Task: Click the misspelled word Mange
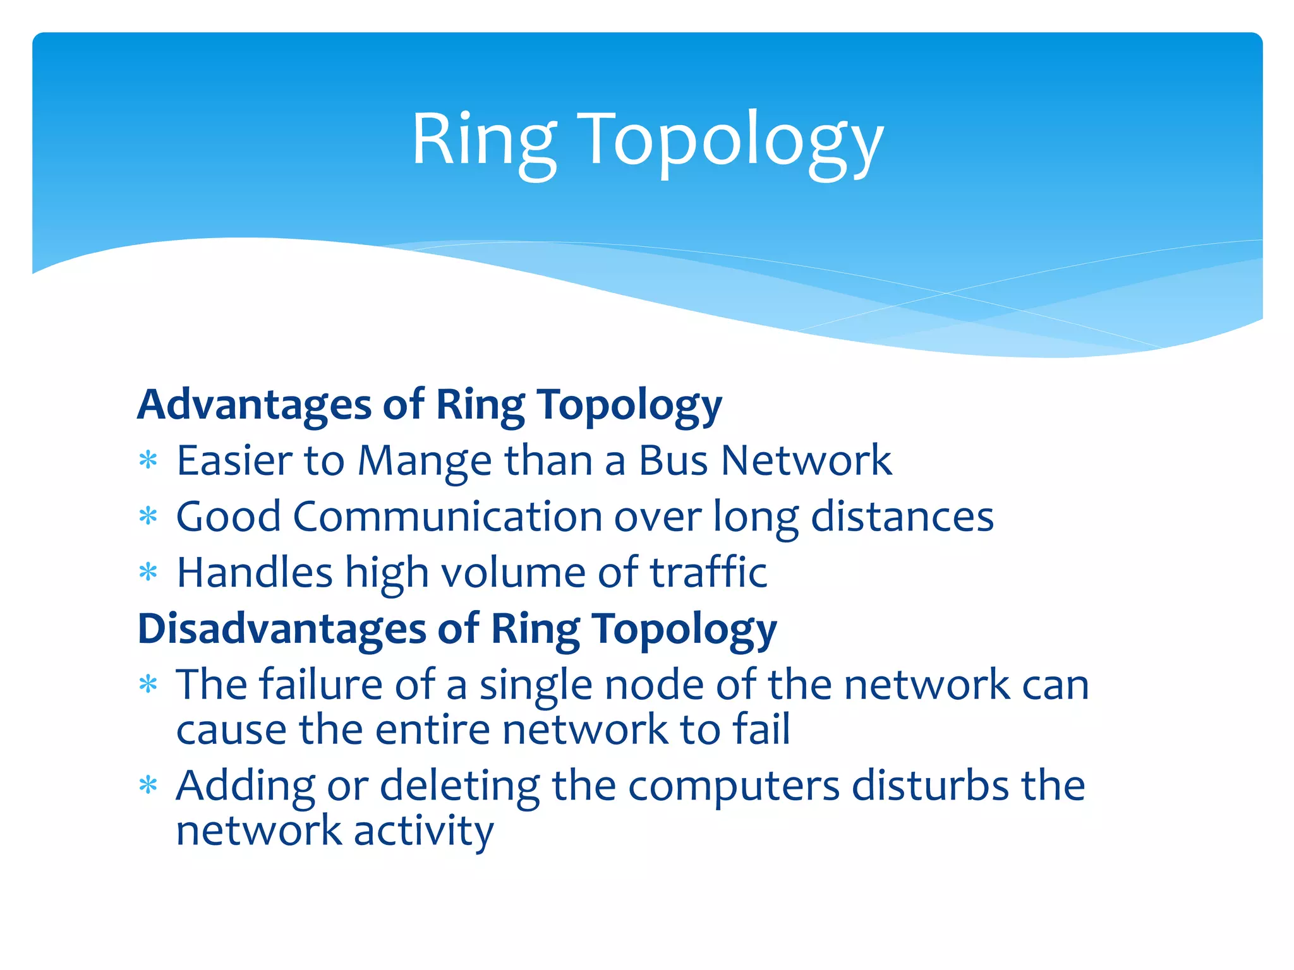pos(425,461)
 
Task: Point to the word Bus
pos(673,461)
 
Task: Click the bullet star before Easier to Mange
pos(148,460)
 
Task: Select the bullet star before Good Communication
pos(148,517)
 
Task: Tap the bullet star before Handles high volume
pos(148,573)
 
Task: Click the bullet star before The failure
pos(148,685)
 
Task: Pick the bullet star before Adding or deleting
pos(148,786)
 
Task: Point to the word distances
pos(902,517)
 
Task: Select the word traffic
pos(709,573)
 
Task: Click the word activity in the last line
pos(423,831)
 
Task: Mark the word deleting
pos(460,787)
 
